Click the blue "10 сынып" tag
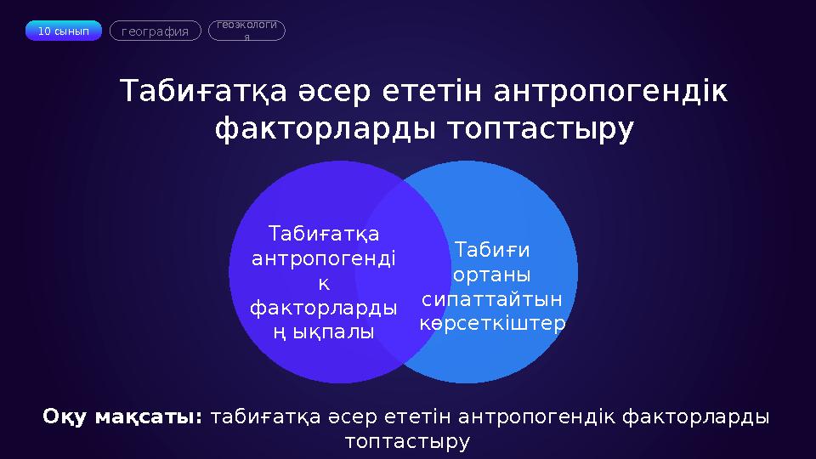[64, 31]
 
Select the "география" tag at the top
[156, 31]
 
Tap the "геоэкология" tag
[246, 31]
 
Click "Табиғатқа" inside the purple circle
[324, 233]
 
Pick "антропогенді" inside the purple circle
[324, 258]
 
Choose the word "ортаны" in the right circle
[492, 275]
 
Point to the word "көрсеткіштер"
[493, 324]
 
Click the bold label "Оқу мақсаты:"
[123, 417]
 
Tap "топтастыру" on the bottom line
[408, 441]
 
